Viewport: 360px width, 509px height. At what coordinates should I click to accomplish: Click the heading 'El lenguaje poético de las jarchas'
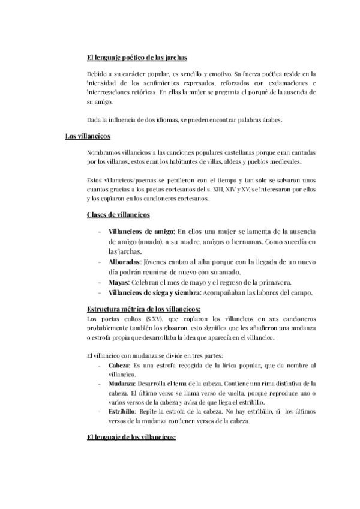pyautogui.click(x=137, y=58)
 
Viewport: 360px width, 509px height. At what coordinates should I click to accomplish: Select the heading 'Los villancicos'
pyautogui.click(x=88, y=136)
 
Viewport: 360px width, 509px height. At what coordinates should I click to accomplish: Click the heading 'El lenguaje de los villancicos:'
pyautogui.click(x=131, y=438)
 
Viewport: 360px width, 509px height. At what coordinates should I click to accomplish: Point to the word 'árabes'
pyautogui.click(x=270, y=120)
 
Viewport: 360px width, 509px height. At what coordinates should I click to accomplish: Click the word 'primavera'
pyautogui.click(x=275, y=283)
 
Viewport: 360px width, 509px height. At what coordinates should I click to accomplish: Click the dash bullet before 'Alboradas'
pyautogui.click(x=98, y=262)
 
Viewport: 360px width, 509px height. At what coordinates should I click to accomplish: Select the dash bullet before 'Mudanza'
pyautogui.click(x=98, y=383)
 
